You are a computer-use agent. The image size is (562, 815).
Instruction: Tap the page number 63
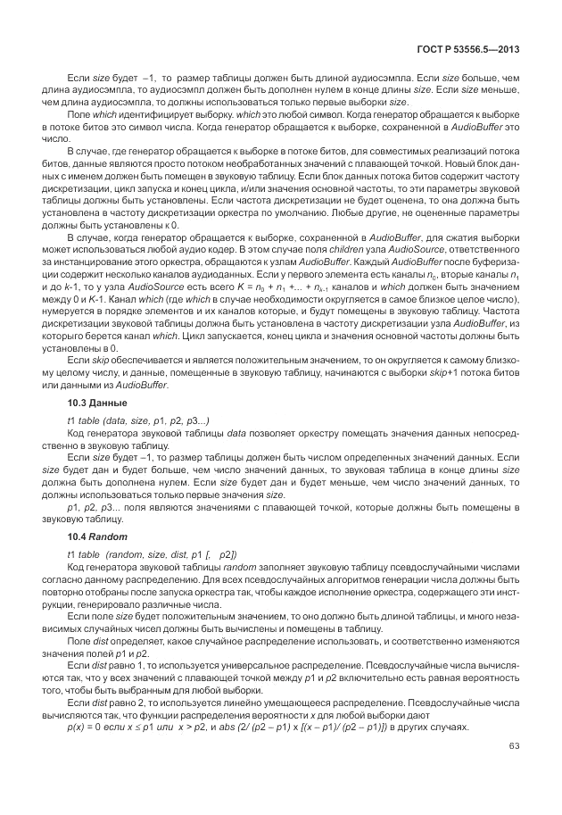[x=512, y=745]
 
